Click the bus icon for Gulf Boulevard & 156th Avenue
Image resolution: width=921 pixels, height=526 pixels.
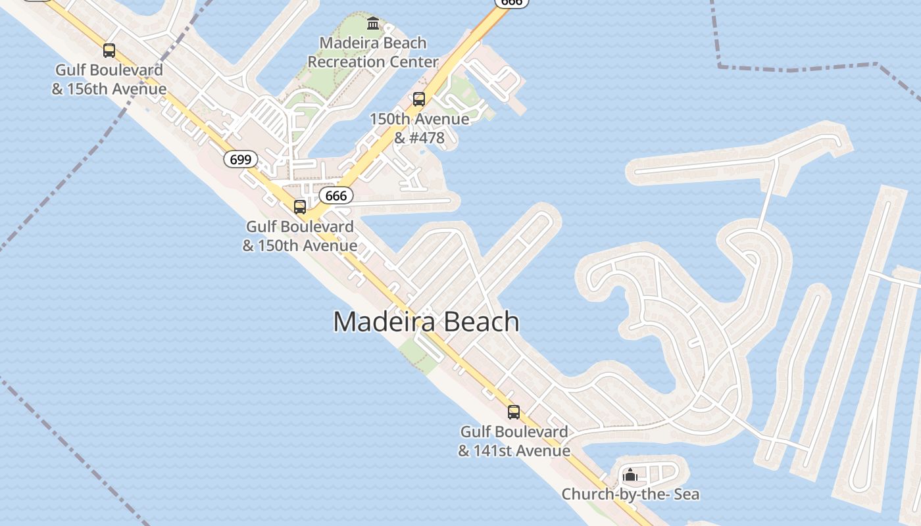click(x=109, y=51)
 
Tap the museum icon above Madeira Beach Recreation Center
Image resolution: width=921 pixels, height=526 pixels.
click(x=373, y=24)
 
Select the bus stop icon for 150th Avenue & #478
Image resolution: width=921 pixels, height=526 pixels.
click(x=419, y=99)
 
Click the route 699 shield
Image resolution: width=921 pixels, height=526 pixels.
click(x=240, y=158)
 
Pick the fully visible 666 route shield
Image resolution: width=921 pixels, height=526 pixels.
click(x=336, y=195)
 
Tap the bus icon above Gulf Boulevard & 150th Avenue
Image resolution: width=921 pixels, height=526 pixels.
click(x=300, y=207)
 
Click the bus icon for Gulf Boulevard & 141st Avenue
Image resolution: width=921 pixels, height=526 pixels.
click(x=514, y=412)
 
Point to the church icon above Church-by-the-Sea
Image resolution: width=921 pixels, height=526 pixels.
click(x=630, y=474)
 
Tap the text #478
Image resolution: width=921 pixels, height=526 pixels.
click(x=428, y=138)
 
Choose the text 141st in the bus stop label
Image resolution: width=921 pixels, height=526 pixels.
click(x=493, y=451)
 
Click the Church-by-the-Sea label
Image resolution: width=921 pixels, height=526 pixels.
click(x=630, y=494)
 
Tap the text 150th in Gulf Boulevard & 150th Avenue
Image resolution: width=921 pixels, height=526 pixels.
click(x=278, y=246)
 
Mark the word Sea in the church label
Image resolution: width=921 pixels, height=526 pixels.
click(x=685, y=494)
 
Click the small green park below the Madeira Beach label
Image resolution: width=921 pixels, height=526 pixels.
click(x=420, y=352)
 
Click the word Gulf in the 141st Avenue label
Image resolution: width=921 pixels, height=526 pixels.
click(x=475, y=432)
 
